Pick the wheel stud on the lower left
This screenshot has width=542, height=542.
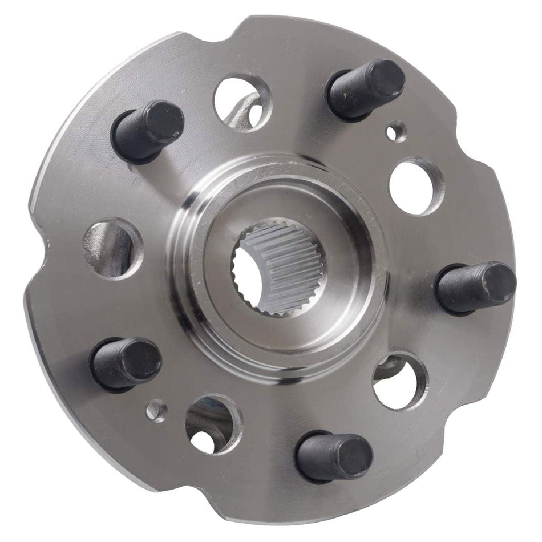126,363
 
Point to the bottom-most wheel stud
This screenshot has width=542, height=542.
334,456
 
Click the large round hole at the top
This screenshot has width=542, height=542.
242,102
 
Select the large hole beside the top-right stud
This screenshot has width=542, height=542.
416,187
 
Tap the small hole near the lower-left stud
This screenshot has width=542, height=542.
156,410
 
